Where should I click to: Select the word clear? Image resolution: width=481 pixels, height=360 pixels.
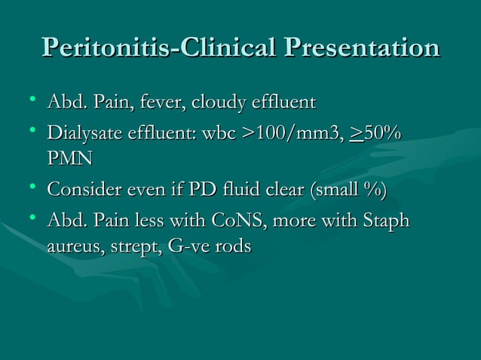(274, 188)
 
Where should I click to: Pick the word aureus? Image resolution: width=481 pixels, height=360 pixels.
(71, 248)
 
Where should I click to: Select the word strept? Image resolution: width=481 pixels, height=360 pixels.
(131, 248)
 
